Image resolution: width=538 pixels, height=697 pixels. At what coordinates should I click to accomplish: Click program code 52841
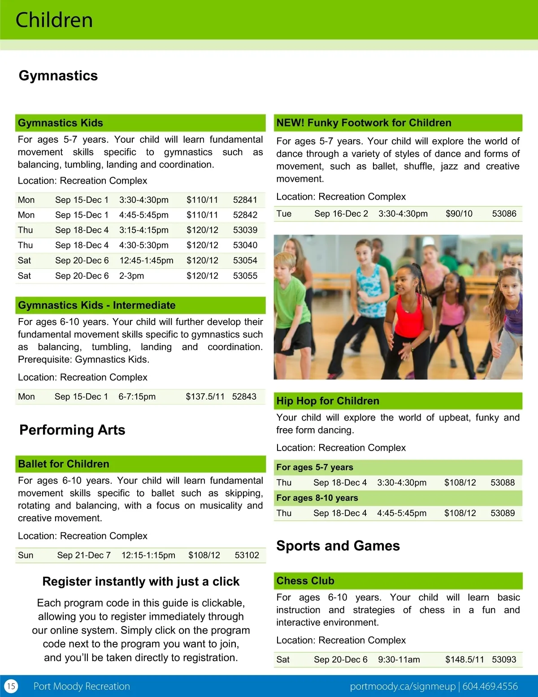click(x=245, y=200)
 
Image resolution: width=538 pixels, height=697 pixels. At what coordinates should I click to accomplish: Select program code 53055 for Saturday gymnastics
click(x=245, y=276)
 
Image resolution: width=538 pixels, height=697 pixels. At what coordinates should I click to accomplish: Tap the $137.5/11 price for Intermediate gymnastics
click(x=205, y=396)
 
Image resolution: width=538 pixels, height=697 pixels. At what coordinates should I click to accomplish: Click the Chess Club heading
click(x=305, y=581)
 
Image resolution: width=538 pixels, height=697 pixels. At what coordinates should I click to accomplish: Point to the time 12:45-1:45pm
click(x=146, y=260)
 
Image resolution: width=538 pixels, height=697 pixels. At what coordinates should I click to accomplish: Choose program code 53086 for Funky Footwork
click(x=504, y=214)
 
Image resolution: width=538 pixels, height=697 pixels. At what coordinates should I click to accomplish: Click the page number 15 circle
click(x=11, y=686)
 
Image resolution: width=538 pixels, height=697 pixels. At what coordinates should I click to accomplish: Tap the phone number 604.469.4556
click(x=490, y=686)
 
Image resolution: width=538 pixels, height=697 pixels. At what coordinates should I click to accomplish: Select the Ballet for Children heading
click(x=64, y=464)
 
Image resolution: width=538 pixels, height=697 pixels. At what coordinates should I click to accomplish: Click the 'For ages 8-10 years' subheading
click(x=317, y=498)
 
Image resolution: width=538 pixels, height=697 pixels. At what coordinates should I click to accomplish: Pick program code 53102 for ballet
click(x=247, y=555)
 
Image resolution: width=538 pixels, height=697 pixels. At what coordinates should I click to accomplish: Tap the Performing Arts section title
click(x=72, y=430)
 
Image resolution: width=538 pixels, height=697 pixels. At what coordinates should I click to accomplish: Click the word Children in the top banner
click(x=54, y=20)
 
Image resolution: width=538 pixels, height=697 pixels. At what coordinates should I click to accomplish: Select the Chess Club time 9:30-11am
click(x=399, y=659)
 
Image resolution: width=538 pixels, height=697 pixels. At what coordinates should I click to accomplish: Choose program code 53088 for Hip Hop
click(x=502, y=482)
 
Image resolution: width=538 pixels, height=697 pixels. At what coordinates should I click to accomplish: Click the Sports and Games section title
click(x=338, y=546)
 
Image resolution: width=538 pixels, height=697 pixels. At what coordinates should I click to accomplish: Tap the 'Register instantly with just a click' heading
click(x=141, y=582)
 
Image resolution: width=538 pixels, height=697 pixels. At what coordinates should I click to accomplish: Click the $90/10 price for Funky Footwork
click(x=459, y=214)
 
